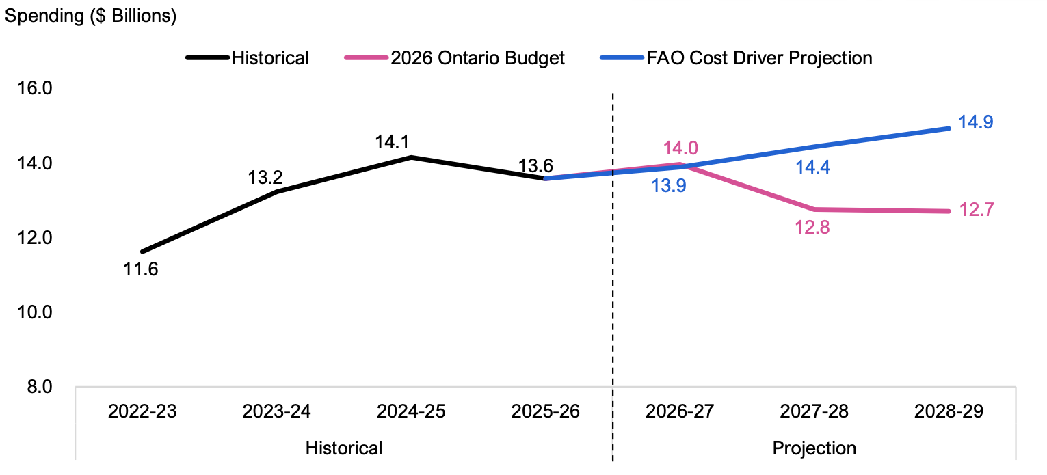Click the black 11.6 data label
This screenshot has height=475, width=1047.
pos(141,269)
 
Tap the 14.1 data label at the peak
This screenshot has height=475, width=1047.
pos(392,142)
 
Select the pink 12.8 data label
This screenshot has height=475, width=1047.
pos(812,228)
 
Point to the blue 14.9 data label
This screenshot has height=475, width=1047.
pos(976,122)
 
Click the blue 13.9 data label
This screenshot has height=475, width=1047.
pos(669,186)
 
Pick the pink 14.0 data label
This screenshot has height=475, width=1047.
pos(680,148)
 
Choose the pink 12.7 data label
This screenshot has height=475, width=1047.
pos(977,210)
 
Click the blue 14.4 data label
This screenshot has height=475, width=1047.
pos(813,167)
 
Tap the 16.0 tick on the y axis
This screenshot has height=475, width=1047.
pos(35,88)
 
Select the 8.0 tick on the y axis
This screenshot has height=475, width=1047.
pos(39,387)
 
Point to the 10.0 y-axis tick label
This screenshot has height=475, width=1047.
pos(35,312)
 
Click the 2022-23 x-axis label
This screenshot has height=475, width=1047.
pos(142,411)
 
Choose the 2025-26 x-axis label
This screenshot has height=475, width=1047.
pos(546,411)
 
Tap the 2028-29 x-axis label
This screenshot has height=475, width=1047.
pos(949,411)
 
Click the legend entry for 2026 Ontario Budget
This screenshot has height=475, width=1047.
pos(455,58)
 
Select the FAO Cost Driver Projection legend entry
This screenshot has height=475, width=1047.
pos(737,58)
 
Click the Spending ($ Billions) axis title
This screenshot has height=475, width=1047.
pos(91,16)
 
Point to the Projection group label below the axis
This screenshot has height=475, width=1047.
pos(814,448)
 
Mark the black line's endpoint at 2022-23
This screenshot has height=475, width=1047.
pos(142,252)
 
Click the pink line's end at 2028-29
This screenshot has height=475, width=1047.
pos(949,212)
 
